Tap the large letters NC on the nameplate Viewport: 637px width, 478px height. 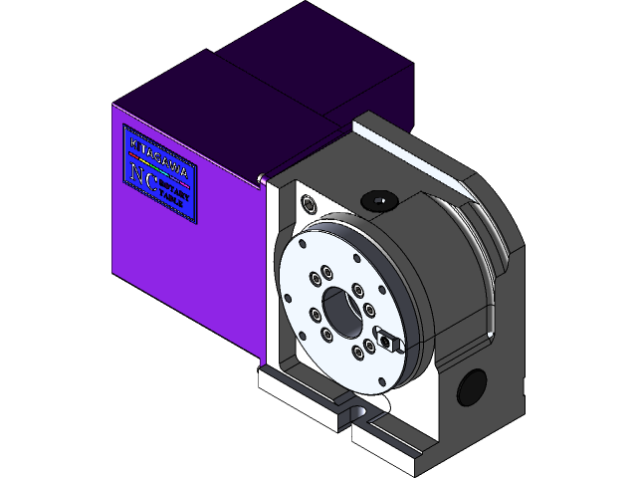[143, 175]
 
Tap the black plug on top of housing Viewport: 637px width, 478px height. [379, 200]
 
